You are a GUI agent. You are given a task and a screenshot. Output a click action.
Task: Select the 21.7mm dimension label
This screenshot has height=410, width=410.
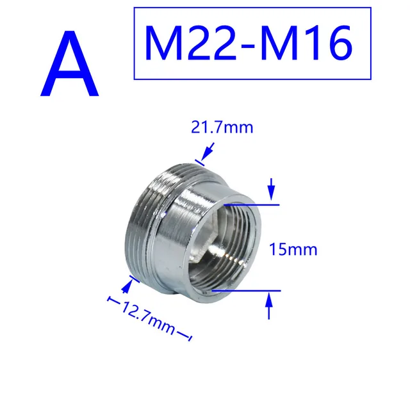click(x=222, y=127)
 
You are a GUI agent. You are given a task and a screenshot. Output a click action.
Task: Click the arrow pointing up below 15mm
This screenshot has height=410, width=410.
click(x=270, y=306)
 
